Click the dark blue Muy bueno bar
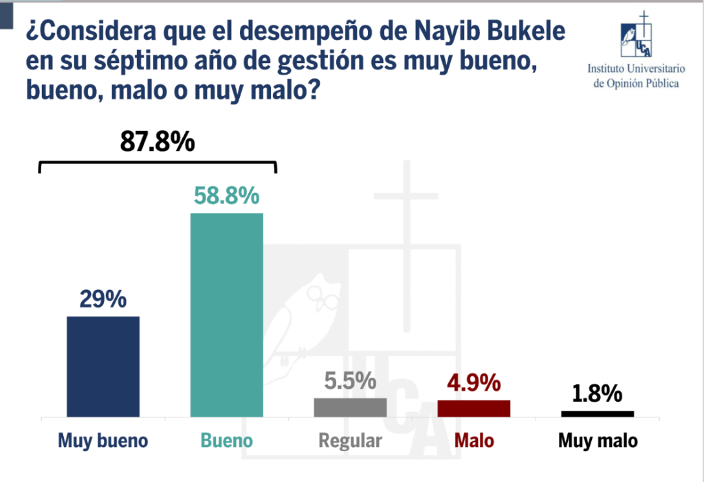(x=103, y=367)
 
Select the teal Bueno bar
(x=227, y=315)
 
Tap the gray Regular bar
(x=350, y=408)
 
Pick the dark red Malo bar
(x=474, y=409)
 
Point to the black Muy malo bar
(x=597, y=414)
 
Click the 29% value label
(x=103, y=299)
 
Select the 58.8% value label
(x=227, y=196)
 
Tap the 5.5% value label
(x=350, y=380)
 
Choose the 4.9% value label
(x=474, y=382)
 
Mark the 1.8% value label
(x=597, y=393)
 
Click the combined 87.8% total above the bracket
(x=157, y=141)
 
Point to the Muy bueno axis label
(x=103, y=441)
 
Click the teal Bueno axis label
(x=227, y=440)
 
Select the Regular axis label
(x=350, y=441)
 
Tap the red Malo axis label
(x=474, y=440)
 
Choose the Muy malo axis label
(x=598, y=441)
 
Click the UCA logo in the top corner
(x=636, y=35)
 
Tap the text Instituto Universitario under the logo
(x=636, y=69)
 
